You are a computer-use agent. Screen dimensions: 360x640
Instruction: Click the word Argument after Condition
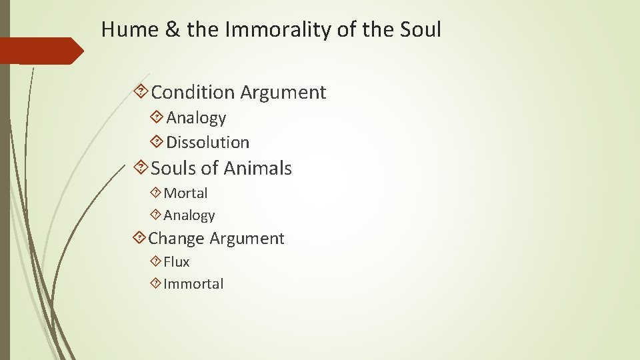pyautogui.click(x=283, y=92)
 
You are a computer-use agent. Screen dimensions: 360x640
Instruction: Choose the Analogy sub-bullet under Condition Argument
pyautogui.click(x=196, y=118)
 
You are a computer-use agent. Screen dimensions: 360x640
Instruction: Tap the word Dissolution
pyautogui.click(x=207, y=142)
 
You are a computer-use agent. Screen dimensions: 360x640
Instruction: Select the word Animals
pyautogui.click(x=258, y=169)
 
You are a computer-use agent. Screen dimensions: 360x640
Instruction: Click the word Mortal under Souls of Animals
pyautogui.click(x=185, y=193)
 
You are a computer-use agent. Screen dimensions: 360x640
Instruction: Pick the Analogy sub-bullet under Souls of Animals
pyautogui.click(x=189, y=215)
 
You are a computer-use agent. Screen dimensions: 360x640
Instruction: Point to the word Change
pyautogui.click(x=177, y=239)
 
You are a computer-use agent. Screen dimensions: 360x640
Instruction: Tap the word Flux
pyautogui.click(x=177, y=262)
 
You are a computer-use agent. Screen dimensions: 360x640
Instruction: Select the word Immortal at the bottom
pyautogui.click(x=193, y=284)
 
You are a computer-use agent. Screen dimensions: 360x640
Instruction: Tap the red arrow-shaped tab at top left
pyautogui.click(x=40, y=51)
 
